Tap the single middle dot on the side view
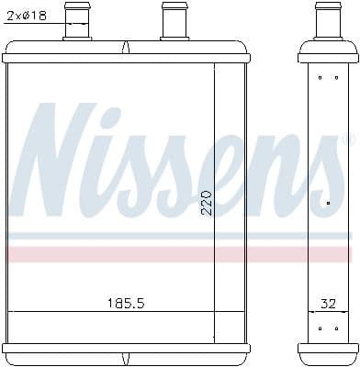click(x=328, y=201)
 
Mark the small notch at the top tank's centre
click(x=126, y=45)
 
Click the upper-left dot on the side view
click(x=319, y=78)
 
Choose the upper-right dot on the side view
click(x=335, y=78)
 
